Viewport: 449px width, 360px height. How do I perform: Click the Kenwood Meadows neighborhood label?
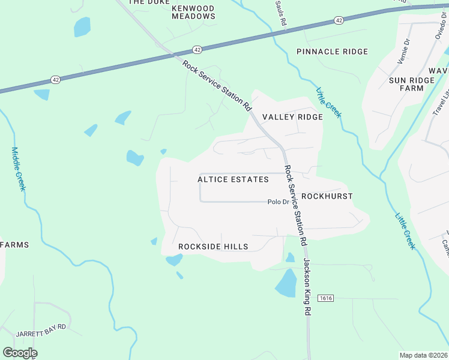click(x=193, y=12)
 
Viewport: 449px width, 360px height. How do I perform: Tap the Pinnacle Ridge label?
click(x=332, y=52)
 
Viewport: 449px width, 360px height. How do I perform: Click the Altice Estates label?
click(x=233, y=179)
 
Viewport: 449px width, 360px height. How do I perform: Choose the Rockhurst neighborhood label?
click(x=327, y=196)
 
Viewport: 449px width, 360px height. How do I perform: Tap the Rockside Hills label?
click(x=213, y=247)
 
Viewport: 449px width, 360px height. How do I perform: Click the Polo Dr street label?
click(x=278, y=202)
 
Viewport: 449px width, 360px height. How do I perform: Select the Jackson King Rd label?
click(x=307, y=287)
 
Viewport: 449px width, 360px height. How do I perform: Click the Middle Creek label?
click(x=19, y=169)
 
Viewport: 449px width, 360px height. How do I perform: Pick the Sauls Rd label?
click(x=280, y=13)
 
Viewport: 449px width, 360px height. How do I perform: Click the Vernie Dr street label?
click(x=403, y=52)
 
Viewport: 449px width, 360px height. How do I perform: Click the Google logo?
click(x=20, y=353)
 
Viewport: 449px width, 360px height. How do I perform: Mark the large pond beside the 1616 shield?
click(x=286, y=283)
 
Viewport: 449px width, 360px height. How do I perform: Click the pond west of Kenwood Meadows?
click(x=82, y=26)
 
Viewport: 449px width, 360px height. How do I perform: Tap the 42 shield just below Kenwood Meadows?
click(x=197, y=49)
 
